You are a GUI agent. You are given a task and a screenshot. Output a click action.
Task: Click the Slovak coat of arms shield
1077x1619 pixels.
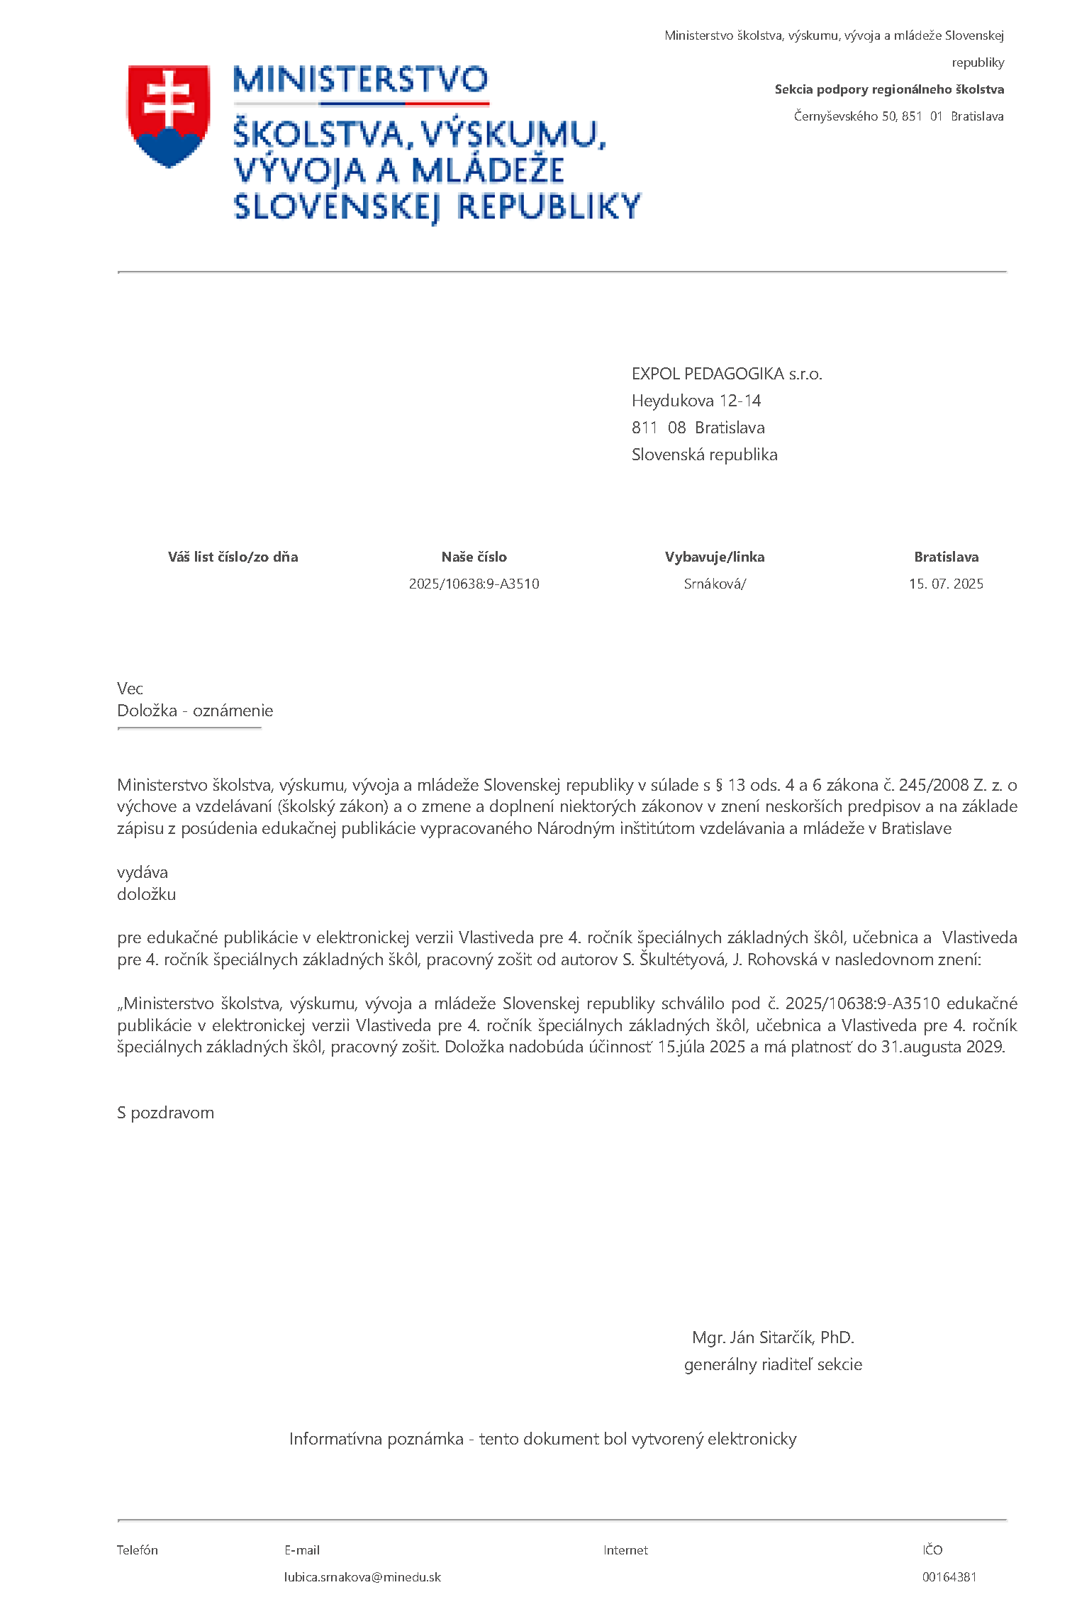tap(169, 116)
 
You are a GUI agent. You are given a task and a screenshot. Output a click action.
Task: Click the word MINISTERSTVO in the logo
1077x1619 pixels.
tap(360, 80)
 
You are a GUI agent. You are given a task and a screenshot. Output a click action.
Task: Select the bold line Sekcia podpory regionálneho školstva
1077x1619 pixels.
tap(889, 89)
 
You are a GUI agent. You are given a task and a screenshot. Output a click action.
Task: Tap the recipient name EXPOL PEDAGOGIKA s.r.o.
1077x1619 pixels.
tap(727, 374)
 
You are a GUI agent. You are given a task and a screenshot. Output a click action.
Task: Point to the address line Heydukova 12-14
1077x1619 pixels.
tap(696, 401)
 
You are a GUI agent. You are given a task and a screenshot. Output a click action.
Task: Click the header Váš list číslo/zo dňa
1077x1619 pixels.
tap(233, 557)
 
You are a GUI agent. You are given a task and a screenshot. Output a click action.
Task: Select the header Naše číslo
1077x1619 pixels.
tap(474, 557)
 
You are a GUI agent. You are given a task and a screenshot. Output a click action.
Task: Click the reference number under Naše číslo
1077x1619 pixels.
tap(474, 584)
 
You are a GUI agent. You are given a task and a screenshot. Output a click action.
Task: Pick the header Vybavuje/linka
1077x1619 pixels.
tap(715, 557)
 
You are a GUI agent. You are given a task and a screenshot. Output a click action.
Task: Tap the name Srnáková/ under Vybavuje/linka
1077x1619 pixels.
tap(715, 584)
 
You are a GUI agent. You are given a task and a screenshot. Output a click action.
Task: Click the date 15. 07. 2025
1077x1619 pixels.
tap(946, 584)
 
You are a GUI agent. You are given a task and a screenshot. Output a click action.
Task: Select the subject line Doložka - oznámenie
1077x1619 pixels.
tap(195, 711)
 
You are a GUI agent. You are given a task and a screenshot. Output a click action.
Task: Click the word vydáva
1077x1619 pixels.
tap(143, 872)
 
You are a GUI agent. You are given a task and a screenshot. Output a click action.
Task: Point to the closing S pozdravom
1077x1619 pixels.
tap(165, 1113)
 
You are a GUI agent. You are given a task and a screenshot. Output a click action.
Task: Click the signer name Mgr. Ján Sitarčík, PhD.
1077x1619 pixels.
tap(773, 1337)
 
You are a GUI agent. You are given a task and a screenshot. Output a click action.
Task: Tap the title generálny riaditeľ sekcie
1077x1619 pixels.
tap(773, 1364)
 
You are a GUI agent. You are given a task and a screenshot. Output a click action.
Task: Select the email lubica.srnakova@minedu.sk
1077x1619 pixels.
tap(362, 1577)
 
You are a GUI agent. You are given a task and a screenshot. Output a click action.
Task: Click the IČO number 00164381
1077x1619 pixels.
tap(949, 1577)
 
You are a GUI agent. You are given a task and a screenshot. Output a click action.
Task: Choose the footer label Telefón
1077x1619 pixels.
tap(138, 1550)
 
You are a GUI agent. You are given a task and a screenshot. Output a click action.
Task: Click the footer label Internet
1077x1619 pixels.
tap(625, 1550)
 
